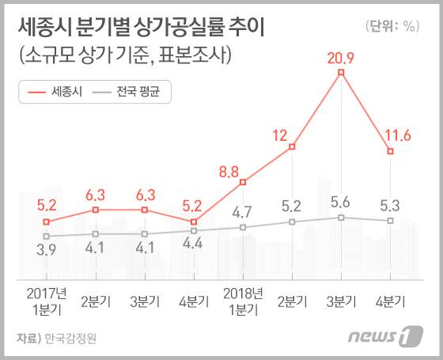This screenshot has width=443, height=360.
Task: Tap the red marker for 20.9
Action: tap(341, 73)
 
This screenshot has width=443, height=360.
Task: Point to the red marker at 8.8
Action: tap(243, 183)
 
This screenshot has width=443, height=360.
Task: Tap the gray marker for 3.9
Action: tap(47, 236)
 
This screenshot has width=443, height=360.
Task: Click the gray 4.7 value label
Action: tap(243, 211)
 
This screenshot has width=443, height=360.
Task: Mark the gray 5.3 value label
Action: tap(389, 206)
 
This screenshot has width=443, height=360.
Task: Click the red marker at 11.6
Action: tap(390, 151)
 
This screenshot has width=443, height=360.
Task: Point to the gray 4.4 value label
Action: tap(194, 244)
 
